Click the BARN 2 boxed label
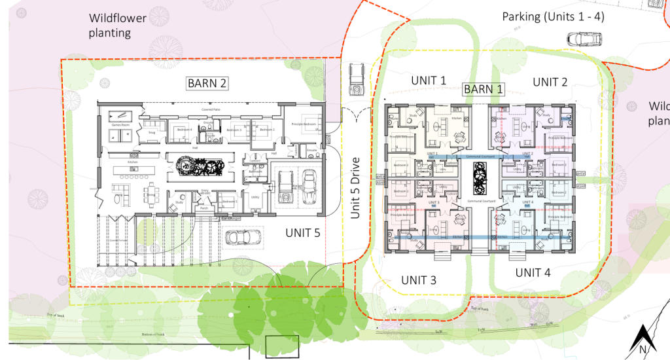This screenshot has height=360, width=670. coord(207,83)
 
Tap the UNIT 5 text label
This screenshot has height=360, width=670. coord(303,232)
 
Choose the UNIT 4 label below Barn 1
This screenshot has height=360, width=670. coord(537,272)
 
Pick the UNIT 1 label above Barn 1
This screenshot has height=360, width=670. coord(429,80)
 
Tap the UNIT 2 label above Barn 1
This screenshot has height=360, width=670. coord(550,81)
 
